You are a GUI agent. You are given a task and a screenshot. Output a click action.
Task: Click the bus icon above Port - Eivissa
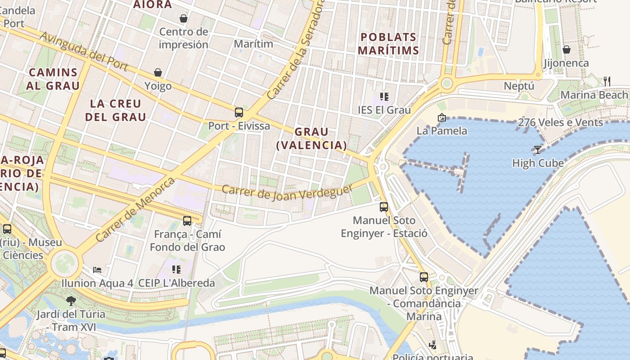(239, 112)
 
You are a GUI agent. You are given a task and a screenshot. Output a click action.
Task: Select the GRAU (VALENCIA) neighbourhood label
(311, 139)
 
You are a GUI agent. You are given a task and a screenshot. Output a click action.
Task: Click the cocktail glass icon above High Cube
(537, 149)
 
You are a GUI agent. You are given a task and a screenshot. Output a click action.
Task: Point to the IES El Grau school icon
(384, 96)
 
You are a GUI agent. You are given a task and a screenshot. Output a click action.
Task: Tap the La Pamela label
(442, 131)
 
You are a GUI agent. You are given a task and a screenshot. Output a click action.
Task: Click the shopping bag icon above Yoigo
(158, 72)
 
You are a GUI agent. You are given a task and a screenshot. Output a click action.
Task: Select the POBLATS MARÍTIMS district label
(389, 44)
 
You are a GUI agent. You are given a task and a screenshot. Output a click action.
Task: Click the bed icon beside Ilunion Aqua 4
(97, 270)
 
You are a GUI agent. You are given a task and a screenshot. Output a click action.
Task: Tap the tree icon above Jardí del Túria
(71, 301)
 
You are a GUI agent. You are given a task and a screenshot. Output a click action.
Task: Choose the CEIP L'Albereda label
(176, 283)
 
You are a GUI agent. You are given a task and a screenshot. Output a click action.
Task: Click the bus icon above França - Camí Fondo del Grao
(187, 221)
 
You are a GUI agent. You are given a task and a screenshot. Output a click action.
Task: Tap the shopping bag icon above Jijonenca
(567, 49)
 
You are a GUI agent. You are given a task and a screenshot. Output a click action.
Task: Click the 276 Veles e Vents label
(560, 122)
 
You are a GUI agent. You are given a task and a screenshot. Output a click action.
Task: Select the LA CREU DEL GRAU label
(116, 110)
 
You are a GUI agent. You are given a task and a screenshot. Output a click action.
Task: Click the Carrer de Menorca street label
(135, 209)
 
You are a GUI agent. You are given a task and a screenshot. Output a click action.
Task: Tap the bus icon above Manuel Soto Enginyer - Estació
(384, 207)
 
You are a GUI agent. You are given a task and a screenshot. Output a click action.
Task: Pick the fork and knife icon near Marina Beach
(607, 81)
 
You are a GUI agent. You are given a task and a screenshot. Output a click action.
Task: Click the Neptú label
(519, 86)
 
